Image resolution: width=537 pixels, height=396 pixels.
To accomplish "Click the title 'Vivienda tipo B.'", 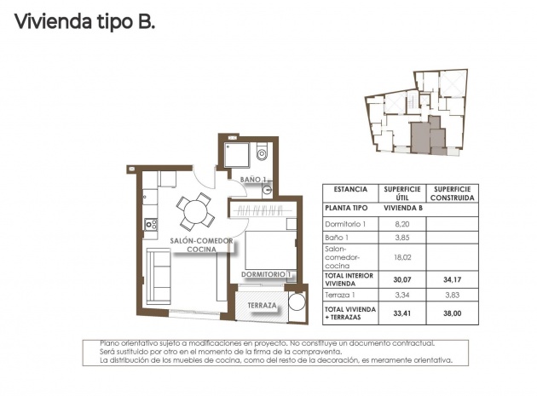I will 85,23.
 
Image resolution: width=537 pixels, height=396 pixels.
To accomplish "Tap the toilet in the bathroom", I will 262,153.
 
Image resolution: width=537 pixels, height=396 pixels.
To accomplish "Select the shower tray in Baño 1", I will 235,154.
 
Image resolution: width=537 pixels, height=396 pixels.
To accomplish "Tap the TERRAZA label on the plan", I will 260,306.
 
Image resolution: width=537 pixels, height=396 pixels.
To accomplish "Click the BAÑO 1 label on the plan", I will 254,180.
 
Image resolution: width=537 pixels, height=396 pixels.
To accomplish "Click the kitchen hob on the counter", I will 151,224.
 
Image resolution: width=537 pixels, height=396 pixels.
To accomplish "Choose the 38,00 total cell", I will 451,313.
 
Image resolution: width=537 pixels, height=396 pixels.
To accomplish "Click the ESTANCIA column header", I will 351,190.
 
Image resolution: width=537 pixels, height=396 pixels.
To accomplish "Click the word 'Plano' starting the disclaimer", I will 111,342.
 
